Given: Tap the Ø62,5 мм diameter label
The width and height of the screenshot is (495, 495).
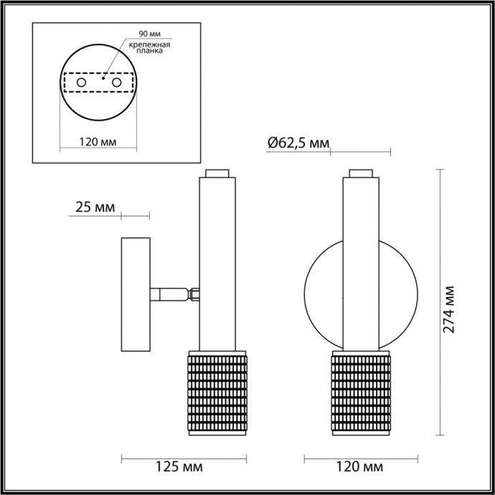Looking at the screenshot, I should tap(298, 143).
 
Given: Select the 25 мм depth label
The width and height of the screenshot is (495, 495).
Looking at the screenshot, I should tap(95, 207).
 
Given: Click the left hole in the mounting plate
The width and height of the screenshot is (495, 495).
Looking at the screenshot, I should tap(81, 84).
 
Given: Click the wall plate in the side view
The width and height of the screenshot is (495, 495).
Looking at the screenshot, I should tap(135, 294).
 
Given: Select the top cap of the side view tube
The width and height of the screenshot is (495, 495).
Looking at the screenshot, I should tap(217, 173).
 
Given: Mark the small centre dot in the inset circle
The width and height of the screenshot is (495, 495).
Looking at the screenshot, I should tap(103, 81).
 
